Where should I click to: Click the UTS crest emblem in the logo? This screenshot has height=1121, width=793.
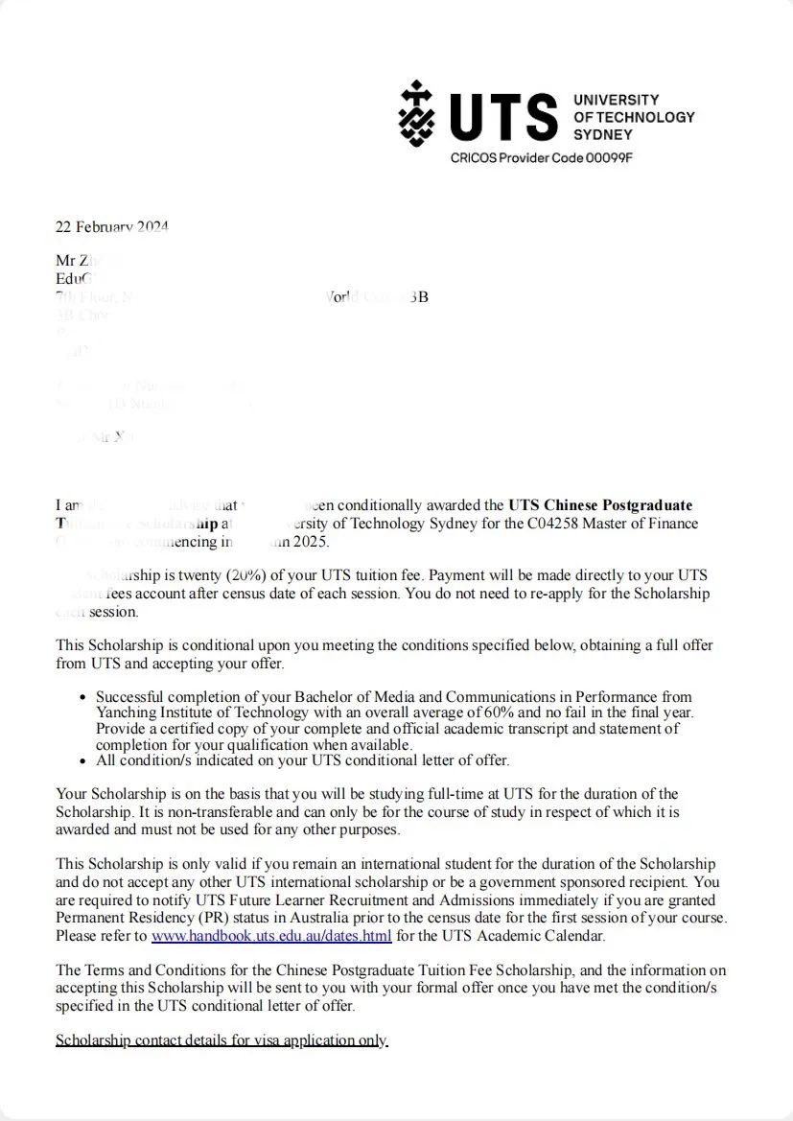[x=416, y=114]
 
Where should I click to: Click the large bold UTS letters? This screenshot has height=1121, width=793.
[x=503, y=117]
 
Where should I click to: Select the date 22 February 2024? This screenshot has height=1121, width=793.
[x=112, y=227]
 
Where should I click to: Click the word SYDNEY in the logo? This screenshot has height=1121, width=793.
[x=603, y=134]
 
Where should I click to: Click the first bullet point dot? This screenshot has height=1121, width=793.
[x=85, y=697]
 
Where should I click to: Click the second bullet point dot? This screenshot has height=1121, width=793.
[x=85, y=761]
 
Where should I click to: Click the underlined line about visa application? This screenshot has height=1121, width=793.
[x=222, y=1040]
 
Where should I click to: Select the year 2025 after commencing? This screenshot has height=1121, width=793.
[x=310, y=542]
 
